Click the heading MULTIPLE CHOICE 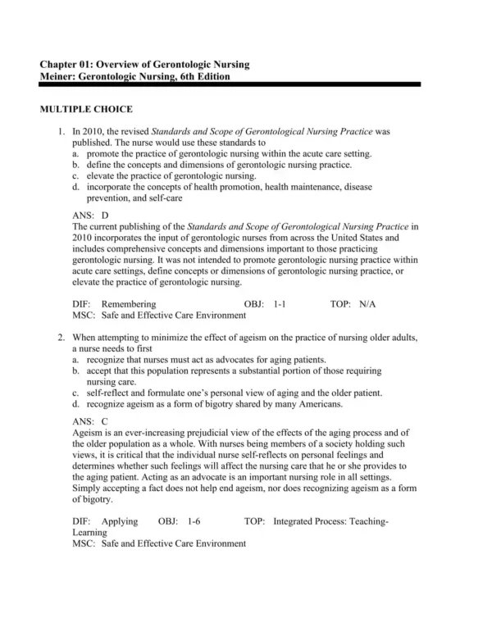click(x=86, y=109)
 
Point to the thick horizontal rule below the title click(x=230, y=84)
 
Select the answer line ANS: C click(x=90, y=420)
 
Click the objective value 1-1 click(x=280, y=303)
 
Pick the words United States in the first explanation click(x=371, y=237)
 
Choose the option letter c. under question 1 click(x=75, y=175)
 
